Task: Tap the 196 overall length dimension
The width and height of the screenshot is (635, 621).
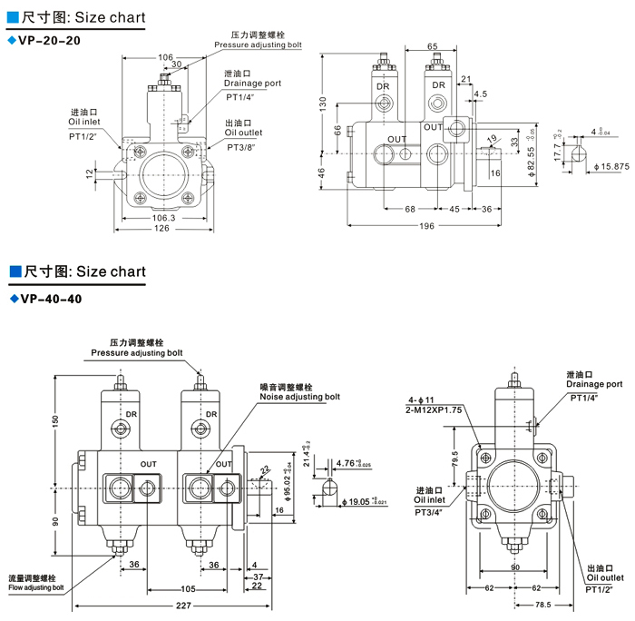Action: click(x=427, y=226)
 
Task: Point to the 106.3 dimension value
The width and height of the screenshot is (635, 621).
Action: click(x=165, y=218)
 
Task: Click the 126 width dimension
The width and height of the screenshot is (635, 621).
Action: click(x=165, y=229)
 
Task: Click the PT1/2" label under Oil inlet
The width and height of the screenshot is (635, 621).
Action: click(x=83, y=136)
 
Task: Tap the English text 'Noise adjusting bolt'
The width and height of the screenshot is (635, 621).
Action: click(x=299, y=397)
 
